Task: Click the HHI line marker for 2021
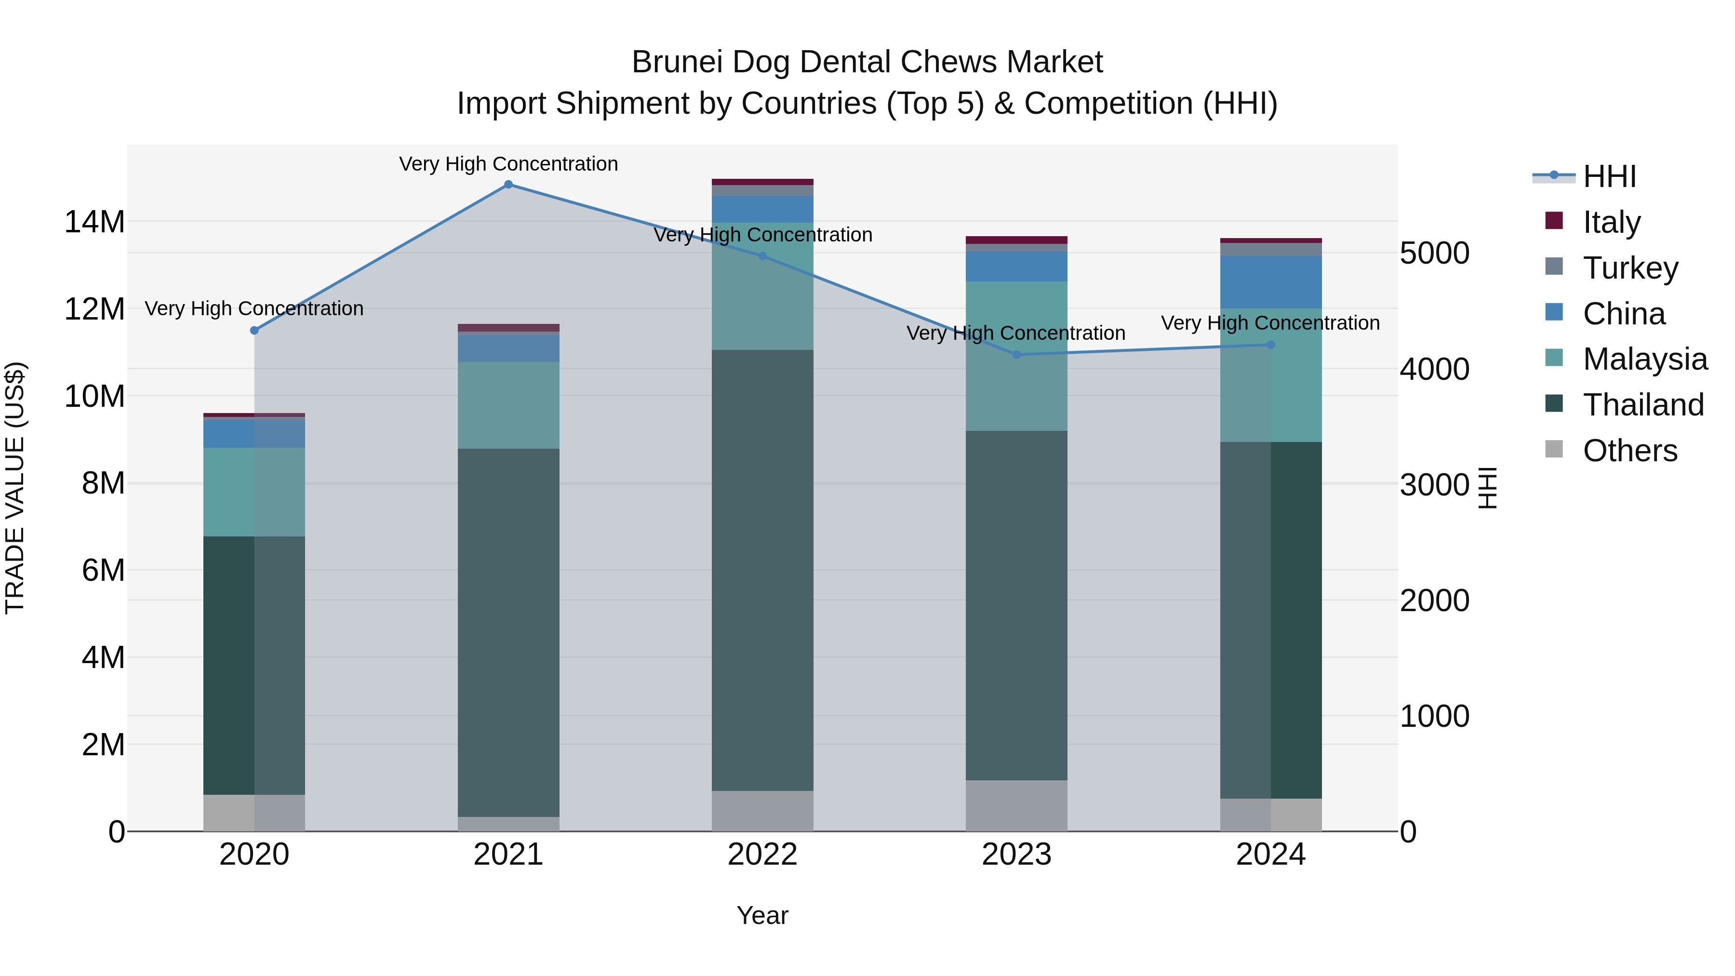(x=508, y=185)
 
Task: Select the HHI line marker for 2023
(x=1017, y=354)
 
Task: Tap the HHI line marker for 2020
(x=254, y=330)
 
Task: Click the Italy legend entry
(x=1611, y=222)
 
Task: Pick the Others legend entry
(x=1629, y=451)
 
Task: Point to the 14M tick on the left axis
(x=94, y=222)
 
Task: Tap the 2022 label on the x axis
(x=762, y=855)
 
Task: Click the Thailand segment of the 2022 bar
(x=762, y=569)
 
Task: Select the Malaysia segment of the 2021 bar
(x=508, y=405)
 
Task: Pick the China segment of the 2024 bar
(x=1271, y=282)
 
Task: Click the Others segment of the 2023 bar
(x=1016, y=805)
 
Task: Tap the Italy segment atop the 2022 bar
(x=762, y=182)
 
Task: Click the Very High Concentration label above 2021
(x=508, y=164)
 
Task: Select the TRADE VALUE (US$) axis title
(x=15, y=488)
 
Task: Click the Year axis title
(x=762, y=915)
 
